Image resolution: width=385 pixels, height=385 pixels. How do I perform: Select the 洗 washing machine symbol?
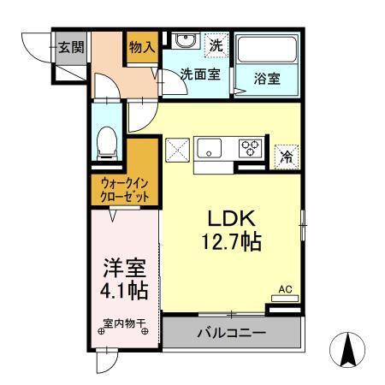217,43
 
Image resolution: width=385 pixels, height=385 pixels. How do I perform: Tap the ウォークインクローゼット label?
125,189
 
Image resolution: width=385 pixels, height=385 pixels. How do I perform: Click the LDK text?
224,217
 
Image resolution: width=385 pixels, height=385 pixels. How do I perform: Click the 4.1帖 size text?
125,290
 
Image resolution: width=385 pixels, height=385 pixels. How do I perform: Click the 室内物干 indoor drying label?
125,324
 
